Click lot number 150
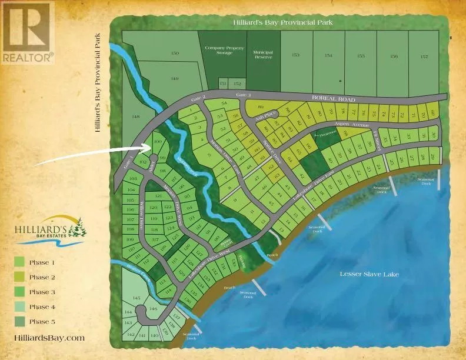tap(174, 54)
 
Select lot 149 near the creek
tap(174, 78)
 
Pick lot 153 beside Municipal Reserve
tap(295, 55)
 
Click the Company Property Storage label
tap(223, 51)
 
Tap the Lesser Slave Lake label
tap(368, 274)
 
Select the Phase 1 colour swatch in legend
tap(19, 262)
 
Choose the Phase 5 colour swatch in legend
tap(19, 321)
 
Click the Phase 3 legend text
tap(42, 292)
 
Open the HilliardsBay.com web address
tap(49, 338)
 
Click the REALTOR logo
tap(27, 32)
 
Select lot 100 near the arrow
tap(157, 142)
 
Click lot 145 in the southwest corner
tap(137, 299)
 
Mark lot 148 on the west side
tap(137, 117)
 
